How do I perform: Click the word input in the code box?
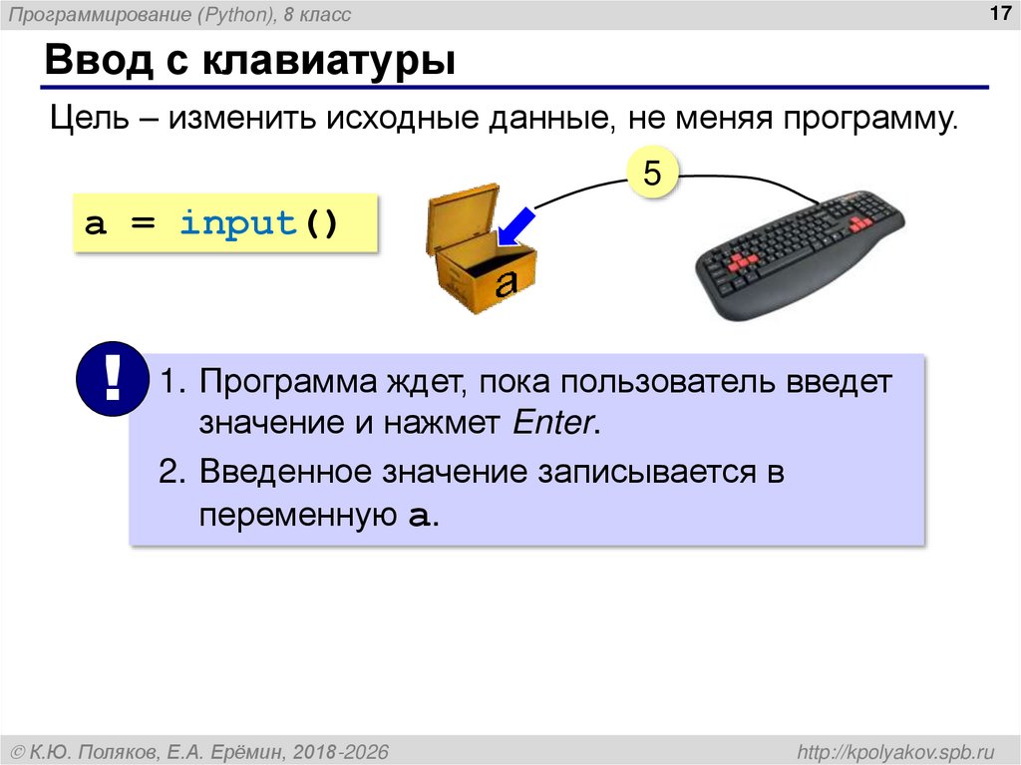tap(238, 222)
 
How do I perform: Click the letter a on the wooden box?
tap(507, 281)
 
